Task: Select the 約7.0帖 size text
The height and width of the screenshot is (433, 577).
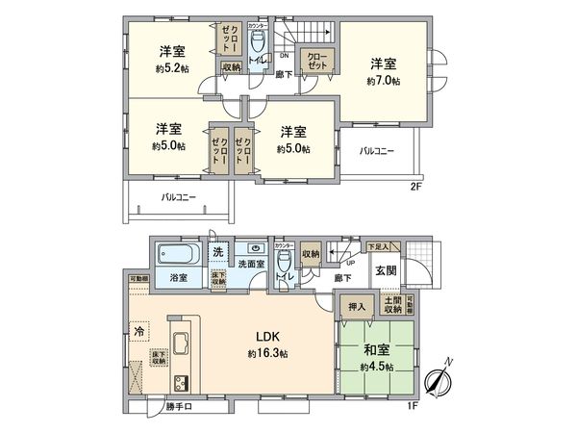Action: [x=382, y=82]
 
